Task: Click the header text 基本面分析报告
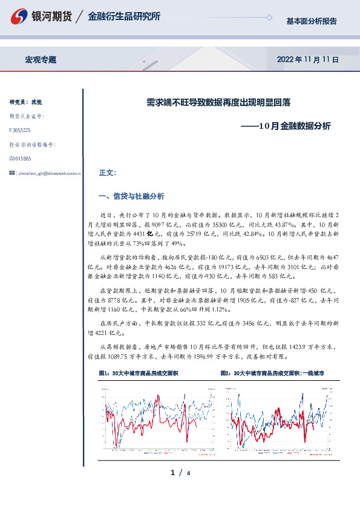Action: (x=311, y=21)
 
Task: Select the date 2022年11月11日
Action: (x=307, y=60)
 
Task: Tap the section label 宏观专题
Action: (x=41, y=60)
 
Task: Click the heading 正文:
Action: (x=107, y=173)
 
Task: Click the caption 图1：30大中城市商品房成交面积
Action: (x=138, y=374)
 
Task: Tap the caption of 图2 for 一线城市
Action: (x=272, y=374)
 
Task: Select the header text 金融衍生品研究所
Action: (x=124, y=17)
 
